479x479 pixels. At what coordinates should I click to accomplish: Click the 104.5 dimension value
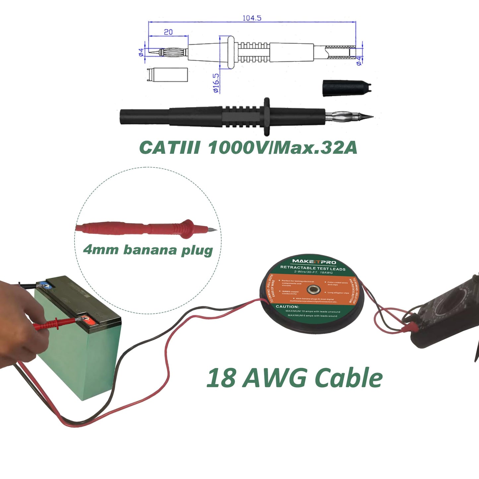pos(252,18)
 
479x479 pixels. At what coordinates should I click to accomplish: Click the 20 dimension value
pos(168,32)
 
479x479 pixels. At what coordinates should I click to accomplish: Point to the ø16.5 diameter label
pos(215,83)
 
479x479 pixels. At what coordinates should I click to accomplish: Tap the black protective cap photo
pos(346,88)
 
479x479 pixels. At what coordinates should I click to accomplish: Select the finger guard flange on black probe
pos(266,117)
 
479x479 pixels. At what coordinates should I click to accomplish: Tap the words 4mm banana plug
pos(148,250)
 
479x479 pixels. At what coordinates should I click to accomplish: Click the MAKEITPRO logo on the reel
pos(314,262)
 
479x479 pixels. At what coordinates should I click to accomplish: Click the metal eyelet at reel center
pos(313,290)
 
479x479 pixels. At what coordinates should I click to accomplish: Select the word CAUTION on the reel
pos(287,307)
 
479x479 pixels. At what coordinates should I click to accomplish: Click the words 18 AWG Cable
pos(294,378)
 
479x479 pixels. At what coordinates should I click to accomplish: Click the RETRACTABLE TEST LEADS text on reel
pos(313,269)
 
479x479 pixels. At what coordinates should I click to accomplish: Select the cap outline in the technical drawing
pos(167,74)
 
